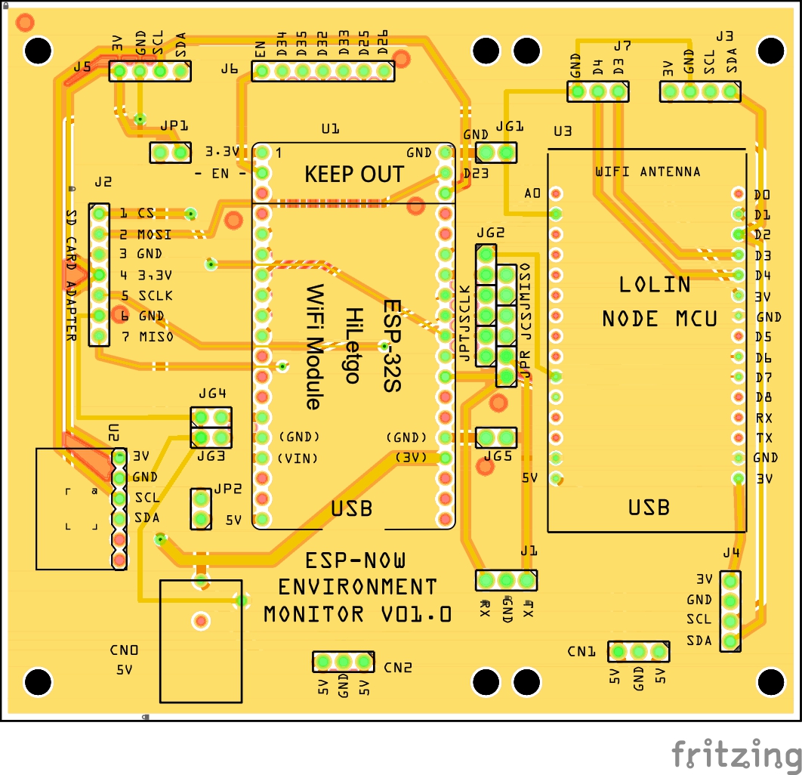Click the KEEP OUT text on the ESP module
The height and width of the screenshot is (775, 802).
click(354, 174)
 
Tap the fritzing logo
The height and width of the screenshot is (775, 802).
click(736, 754)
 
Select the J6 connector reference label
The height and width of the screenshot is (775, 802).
click(230, 69)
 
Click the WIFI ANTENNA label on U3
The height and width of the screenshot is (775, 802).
click(647, 172)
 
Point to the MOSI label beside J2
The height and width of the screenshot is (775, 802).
click(155, 234)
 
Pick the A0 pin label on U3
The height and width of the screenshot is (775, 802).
click(532, 194)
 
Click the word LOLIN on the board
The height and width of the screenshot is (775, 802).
click(655, 285)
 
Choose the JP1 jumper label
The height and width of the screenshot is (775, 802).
click(174, 126)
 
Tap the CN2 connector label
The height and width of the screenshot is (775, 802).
click(398, 668)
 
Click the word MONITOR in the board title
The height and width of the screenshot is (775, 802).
click(313, 614)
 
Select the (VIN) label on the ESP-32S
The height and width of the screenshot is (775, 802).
click(298, 459)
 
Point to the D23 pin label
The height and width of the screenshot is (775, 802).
click(476, 173)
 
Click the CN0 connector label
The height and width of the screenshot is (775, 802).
click(124, 650)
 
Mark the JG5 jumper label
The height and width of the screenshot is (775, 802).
click(498, 456)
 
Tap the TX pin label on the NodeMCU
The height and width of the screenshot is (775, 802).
click(763, 438)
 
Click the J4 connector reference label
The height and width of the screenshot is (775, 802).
click(730, 553)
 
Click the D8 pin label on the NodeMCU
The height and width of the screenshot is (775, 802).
click(763, 397)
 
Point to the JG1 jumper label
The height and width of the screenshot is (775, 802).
click(509, 128)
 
